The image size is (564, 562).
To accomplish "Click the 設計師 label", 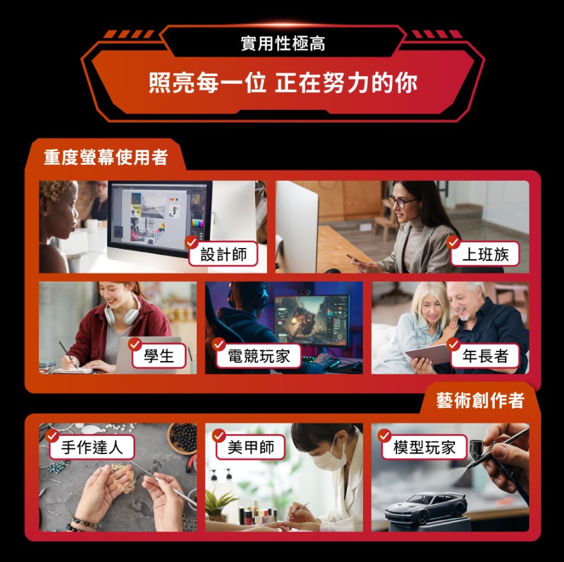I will point(223,254).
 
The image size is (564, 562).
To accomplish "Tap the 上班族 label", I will point(485,254).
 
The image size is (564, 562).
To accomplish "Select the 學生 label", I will point(159,356).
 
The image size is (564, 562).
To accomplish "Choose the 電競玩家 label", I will point(259,356).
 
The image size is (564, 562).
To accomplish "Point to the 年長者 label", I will point(485,356).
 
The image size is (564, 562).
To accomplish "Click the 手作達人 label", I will point(92,447).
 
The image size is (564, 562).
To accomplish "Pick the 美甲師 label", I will point(251,447).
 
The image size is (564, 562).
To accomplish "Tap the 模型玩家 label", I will point(424,447).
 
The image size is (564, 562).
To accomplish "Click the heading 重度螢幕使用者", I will point(105,157).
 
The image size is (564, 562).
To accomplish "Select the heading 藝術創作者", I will point(480,400).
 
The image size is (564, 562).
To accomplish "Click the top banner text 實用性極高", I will point(283,44).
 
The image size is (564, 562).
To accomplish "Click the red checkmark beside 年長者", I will point(454,344).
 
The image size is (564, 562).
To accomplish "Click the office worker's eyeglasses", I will point(401,202).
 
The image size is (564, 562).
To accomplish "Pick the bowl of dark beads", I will point(183,437).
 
